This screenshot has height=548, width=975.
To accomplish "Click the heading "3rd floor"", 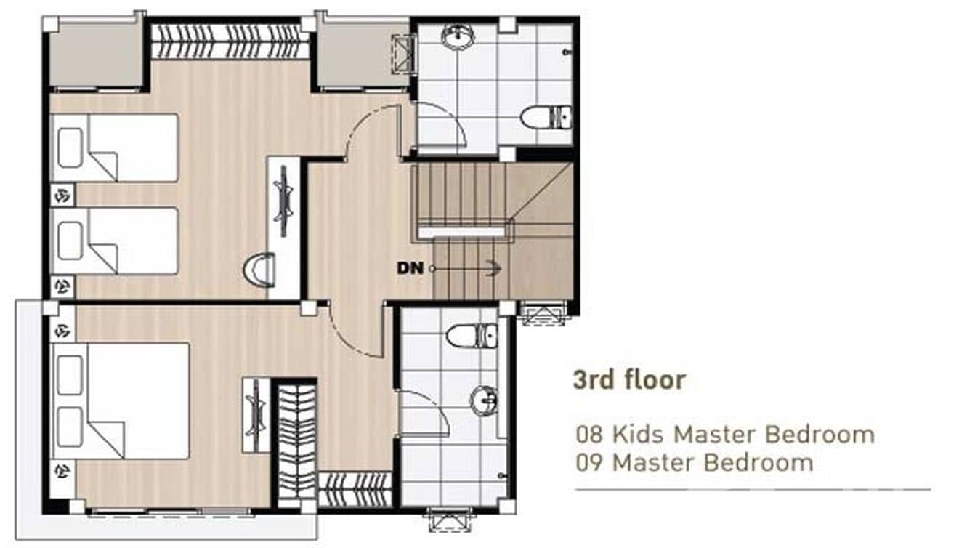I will tap(628, 379).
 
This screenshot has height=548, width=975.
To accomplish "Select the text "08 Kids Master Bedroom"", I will tap(724, 435).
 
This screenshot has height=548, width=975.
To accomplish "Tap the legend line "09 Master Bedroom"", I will tap(694, 462).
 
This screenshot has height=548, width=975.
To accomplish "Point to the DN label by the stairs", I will tap(410, 267).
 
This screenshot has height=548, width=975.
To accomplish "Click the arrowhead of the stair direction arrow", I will tap(495, 268).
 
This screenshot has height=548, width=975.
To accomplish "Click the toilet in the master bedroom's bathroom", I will tap(472, 335).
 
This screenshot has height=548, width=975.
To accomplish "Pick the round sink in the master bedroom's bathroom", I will tap(484, 400).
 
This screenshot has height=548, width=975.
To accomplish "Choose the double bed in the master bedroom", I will tap(121, 400).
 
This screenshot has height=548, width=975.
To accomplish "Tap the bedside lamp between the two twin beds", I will tap(62, 195).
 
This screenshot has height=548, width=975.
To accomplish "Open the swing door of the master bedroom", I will tap(356, 331).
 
